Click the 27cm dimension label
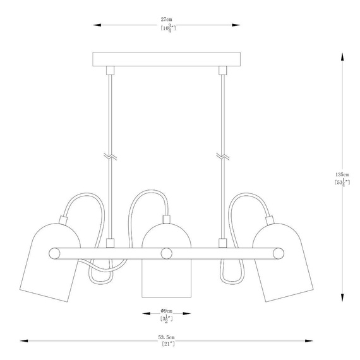tap(167, 20)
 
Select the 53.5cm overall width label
tap(167, 337)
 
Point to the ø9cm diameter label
tap(167, 311)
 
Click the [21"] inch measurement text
tap(167, 345)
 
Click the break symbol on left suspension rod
tap(110, 155)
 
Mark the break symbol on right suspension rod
tap(222, 155)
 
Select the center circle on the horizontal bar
tap(167, 253)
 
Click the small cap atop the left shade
tap(63, 220)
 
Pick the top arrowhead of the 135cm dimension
tap(342, 56)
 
